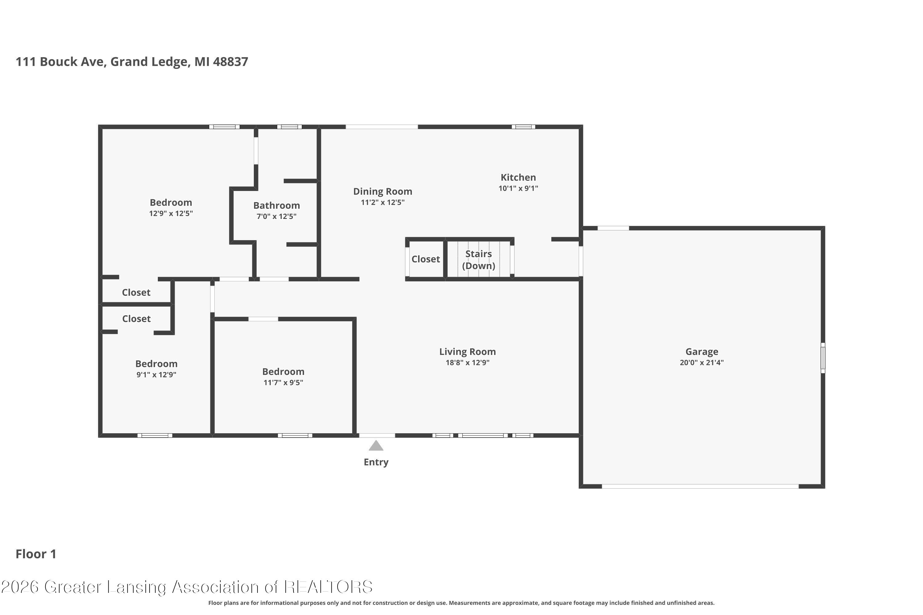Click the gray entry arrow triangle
[x=376, y=446]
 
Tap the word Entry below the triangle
[x=376, y=462]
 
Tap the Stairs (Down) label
[x=478, y=260]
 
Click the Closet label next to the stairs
[x=426, y=259]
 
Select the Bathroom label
[x=276, y=205]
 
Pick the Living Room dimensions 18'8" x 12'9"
[x=467, y=363]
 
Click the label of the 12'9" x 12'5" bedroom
[x=171, y=203]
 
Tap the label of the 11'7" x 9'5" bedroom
[x=283, y=371]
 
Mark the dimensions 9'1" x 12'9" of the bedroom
[x=156, y=375]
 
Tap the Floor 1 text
[x=36, y=554]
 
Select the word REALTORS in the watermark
[x=328, y=587]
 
